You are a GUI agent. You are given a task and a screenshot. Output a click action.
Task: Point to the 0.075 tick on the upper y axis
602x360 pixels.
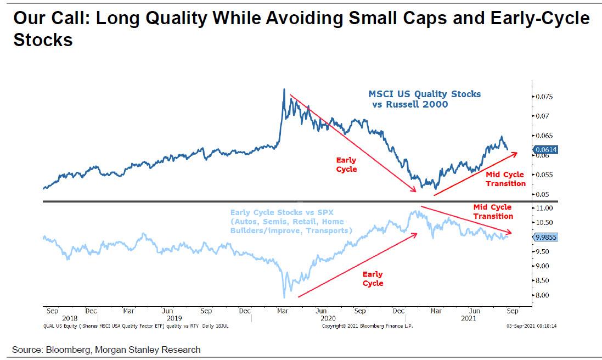coord(545,97)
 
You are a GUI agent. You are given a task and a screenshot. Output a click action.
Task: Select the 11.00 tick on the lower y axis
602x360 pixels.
coord(545,209)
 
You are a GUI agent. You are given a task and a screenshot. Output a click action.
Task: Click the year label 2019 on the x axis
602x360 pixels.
coord(175,318)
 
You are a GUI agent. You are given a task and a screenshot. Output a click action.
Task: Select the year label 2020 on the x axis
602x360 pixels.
coord(328,318)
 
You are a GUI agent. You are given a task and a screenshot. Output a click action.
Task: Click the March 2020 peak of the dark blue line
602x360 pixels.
coord(284,89)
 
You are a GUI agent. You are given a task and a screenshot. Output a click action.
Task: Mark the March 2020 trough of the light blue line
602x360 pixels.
coord(284,297)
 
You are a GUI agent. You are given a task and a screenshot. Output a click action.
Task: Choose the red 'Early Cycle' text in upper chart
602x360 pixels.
coord(346,165)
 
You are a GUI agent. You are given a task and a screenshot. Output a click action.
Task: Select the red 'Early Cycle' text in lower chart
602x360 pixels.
coord(373,278)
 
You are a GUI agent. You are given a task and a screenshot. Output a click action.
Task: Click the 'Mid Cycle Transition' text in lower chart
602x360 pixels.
coord(492,212)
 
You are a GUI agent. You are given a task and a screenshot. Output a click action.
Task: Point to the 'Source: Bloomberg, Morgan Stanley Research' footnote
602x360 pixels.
coord(107,350)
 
